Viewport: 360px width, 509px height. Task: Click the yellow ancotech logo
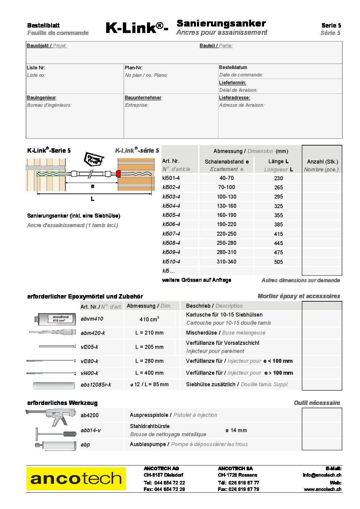pos(76,479)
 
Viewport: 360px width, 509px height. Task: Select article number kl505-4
pos(171,215)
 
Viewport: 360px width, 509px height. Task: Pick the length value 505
pos(278,262)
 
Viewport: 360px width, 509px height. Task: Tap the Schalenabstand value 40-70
pos(226,178)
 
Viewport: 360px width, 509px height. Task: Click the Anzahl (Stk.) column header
pos(322,162)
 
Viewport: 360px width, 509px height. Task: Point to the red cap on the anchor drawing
pos(118,174)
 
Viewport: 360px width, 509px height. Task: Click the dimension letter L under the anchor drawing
pos(92,199)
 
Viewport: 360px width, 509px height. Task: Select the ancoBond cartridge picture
pos(54,319)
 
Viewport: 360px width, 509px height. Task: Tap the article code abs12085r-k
pos(96,385)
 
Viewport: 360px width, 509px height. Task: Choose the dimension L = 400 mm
pos(149,373)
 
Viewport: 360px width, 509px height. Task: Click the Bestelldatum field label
pos(233,67)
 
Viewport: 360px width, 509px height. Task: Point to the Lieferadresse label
pos(234,98)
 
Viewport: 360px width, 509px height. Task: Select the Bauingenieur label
pos(42,98)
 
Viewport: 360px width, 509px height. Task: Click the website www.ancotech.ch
pos(323,489)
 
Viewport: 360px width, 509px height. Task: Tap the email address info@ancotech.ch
pos(322,475)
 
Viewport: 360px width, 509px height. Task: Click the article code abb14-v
pos(91,430)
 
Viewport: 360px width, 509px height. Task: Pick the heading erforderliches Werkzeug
pos(62,403)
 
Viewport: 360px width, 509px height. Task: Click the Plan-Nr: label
pos(134,68)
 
